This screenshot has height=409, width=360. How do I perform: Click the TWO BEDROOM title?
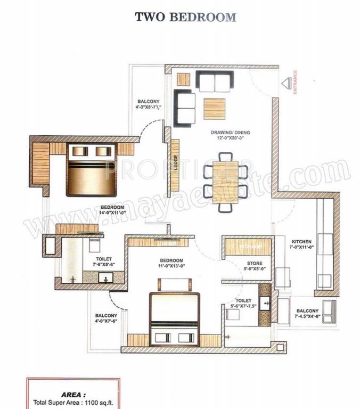(185, 17)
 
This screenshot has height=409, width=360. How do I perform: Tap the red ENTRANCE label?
(295, 83)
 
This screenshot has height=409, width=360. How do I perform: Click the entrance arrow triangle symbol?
(285, 84)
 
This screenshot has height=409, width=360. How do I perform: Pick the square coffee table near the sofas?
(215, 108)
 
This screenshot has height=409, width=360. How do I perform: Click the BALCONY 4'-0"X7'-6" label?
(106, 317)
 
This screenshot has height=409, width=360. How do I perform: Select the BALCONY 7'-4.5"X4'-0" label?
(307, 313)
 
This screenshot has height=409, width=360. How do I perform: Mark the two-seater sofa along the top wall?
(214, 80)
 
